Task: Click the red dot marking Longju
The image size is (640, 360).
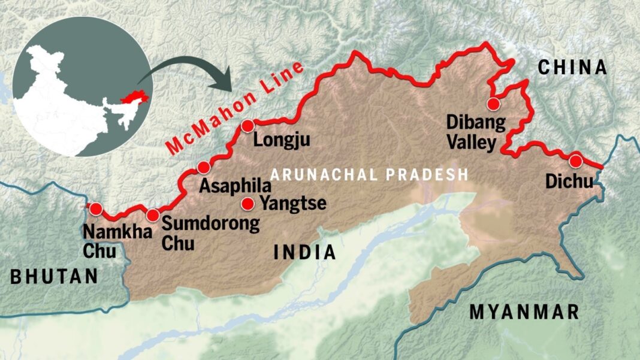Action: (x=248, y=126)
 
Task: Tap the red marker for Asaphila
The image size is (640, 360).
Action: (x=204, y=167)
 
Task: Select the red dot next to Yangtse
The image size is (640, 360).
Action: (x=247, y=204)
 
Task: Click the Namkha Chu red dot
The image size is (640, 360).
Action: (x=95, y=209)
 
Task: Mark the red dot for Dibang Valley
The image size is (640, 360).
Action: (x=493, y=104)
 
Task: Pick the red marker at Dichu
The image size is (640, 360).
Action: (x=575, y=161)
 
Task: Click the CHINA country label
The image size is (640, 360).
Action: (x=572, y=68)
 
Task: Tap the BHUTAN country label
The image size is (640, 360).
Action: (x=54, y=277)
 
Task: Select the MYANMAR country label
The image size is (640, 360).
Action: (x=524, y=312)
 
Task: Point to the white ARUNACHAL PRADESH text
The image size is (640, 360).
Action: (x=369, y=175)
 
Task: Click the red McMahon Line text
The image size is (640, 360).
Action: (x=240, y=108)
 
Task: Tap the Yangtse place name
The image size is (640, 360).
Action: (x=292, y=204)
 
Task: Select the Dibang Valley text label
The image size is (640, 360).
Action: (x=472, y=132)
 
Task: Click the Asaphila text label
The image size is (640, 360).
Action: (x=231, y=186)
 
